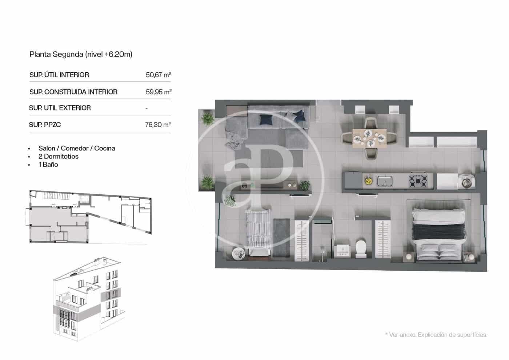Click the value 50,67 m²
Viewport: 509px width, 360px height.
click(x=158, y=75)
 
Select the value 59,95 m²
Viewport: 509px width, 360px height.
click(x=159, y=92)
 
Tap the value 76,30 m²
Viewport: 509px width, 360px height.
click(x=158, y=125)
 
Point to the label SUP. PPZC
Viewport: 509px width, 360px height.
click(x=45, y=125)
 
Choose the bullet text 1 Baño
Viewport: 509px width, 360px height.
click(x=48, y=165)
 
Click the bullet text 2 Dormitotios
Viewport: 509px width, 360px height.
click(x=58, y=157)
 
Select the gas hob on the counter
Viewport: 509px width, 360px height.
click(x=418, y=180)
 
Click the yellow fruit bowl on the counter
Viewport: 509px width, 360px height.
click(x=368, y=180)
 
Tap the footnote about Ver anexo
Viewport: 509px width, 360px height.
click(x=436, y=335)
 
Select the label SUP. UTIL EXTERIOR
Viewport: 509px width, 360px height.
click(x=60, y=108)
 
